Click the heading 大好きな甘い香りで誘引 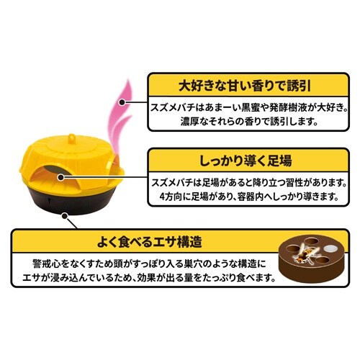click(245, 86)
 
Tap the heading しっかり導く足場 click(246, 161)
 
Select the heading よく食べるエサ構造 click(150, 242)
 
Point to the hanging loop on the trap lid click(72, 139)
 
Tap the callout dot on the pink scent click(122, 102)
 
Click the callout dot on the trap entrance click(61, 178)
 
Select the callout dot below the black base click(64, 216)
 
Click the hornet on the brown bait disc click(303, 255)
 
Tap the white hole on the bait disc click(329, 248)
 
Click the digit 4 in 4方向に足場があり click(163, 197)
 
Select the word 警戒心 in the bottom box click(46, 264)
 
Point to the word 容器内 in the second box click(251, 197)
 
